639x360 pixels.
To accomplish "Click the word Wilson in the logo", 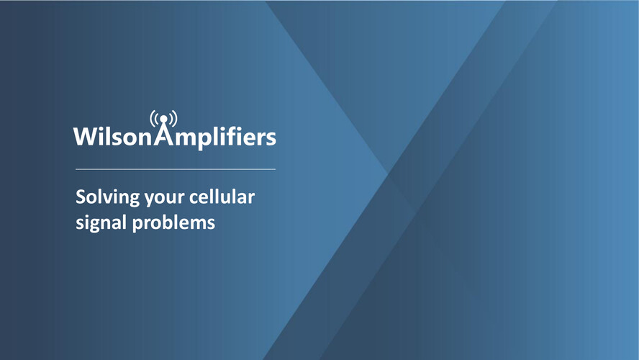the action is click(113, 136).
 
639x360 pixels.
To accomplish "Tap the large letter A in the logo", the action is click(163, 134).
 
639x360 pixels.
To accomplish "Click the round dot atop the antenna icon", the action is click(163, 119).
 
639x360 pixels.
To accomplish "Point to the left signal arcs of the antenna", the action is click(155, 118).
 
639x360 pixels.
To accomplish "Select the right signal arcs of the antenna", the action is click(173, 118).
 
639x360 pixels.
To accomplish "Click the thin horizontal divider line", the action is click(176, 168).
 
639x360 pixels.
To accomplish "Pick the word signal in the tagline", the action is click(101, 223).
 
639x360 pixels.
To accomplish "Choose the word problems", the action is click(173, 223).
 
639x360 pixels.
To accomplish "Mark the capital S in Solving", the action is click(81, 197).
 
